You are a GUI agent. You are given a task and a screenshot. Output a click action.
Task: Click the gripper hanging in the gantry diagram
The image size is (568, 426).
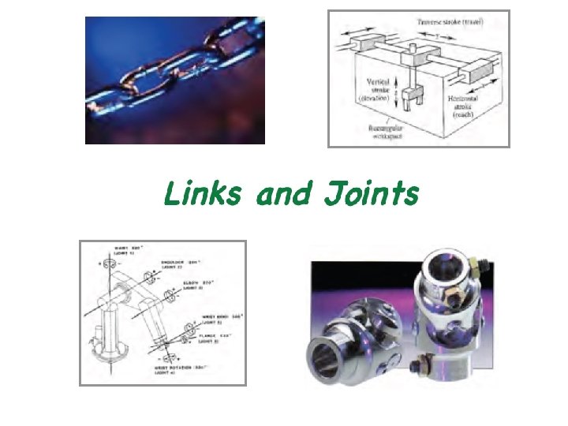(x=409, y=100)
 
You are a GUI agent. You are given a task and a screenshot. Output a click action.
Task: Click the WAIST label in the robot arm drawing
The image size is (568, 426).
(x=124, y=249)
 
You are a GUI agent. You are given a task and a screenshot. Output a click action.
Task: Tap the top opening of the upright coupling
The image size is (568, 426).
(x=452, y=261)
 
